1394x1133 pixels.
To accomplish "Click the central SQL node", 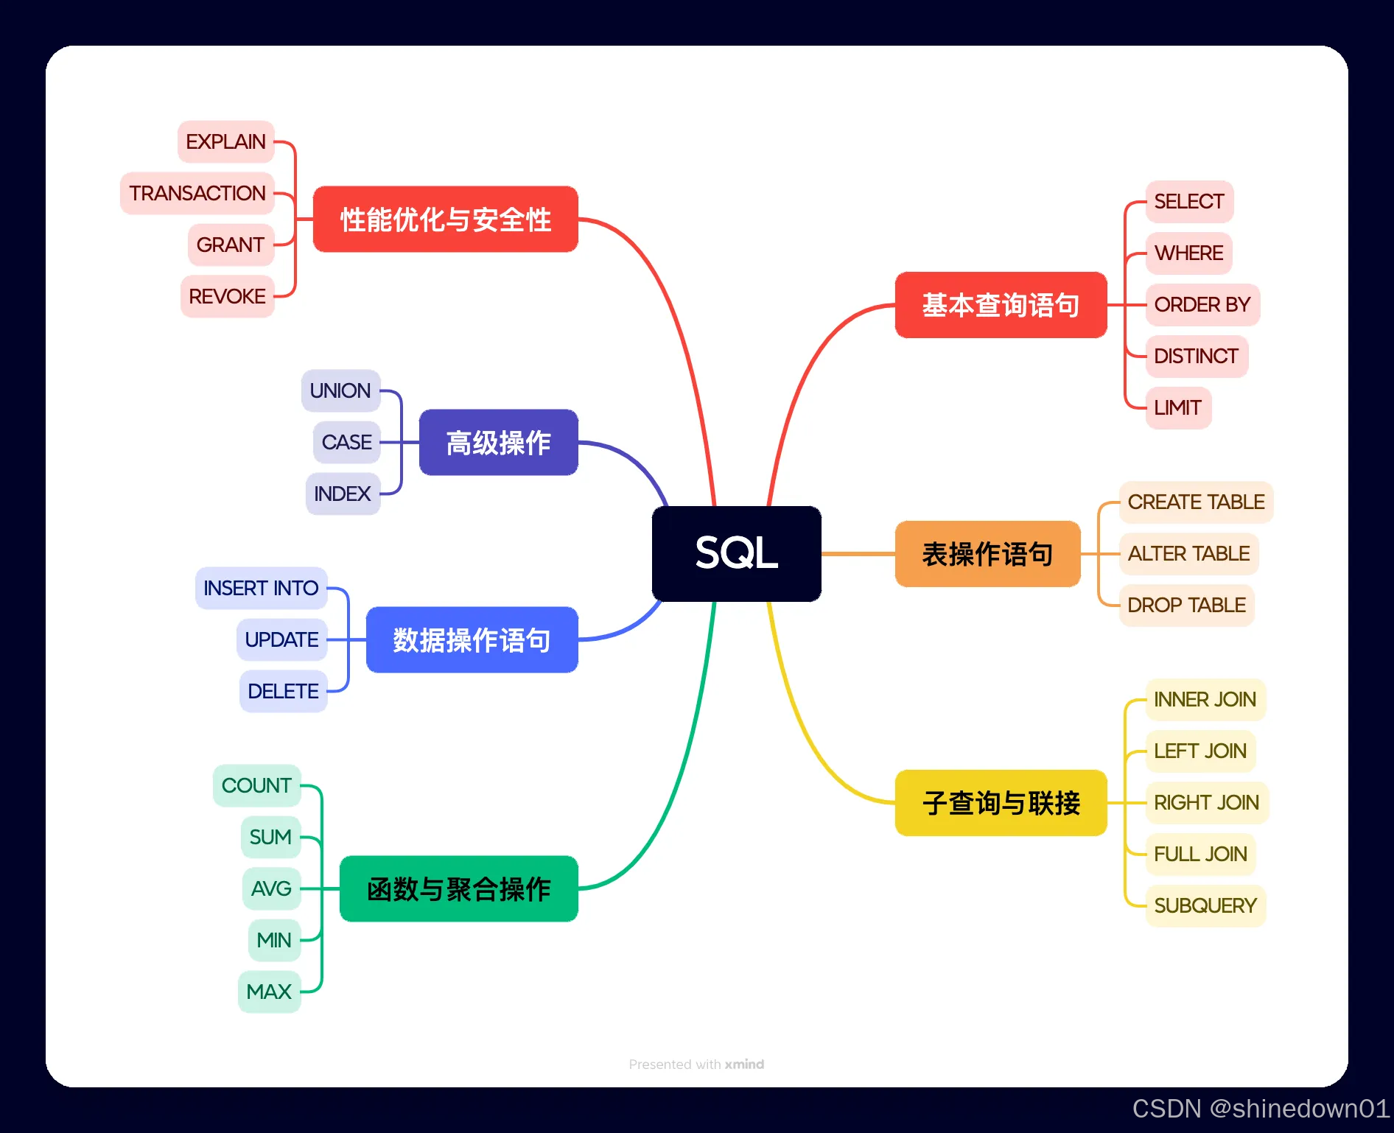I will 736,553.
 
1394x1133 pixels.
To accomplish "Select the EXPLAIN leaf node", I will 225,141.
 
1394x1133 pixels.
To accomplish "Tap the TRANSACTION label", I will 197,193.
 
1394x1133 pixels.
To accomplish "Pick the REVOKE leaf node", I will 227,296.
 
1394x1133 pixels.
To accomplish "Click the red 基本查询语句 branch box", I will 1001,305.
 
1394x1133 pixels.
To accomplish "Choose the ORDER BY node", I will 1202,304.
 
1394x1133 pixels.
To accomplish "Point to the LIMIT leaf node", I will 1177,407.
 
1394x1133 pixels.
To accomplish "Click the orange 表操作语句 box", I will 987,554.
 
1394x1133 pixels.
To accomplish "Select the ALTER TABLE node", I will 1188,553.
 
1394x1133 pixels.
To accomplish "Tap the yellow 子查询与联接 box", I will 1001,802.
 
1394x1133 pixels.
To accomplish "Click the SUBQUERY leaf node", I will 1205,905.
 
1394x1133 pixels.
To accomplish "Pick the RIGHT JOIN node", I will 1206,802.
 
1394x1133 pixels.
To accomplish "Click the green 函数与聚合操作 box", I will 458,888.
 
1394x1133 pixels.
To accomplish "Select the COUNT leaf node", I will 256,785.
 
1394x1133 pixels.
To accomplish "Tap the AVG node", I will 271,888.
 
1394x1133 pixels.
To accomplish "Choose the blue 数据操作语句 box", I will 472,639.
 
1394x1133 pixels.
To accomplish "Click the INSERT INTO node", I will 261,588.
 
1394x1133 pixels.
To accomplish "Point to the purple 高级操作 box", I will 498,442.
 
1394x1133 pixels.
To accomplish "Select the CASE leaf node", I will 346,442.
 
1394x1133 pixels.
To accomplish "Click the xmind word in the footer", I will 744,1064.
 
